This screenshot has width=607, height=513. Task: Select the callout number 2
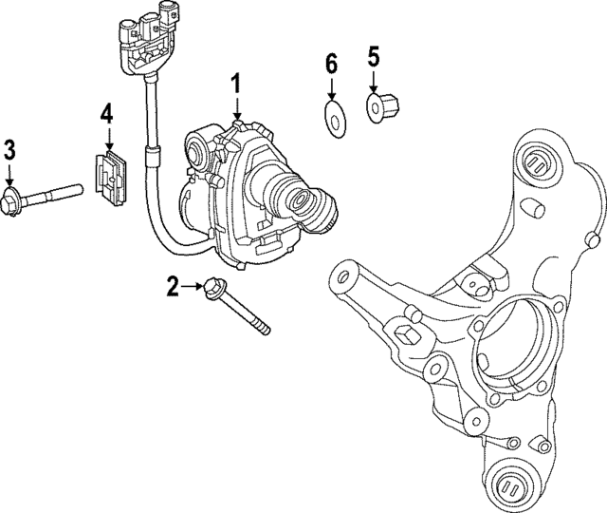point(173,285)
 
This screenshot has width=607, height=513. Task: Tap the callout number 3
point(9,148)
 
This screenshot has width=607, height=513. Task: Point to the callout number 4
point(106,114)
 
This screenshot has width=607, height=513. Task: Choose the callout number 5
point(373,55)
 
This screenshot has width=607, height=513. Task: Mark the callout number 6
point(331,65)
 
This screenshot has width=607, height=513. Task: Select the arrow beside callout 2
point(193,285)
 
